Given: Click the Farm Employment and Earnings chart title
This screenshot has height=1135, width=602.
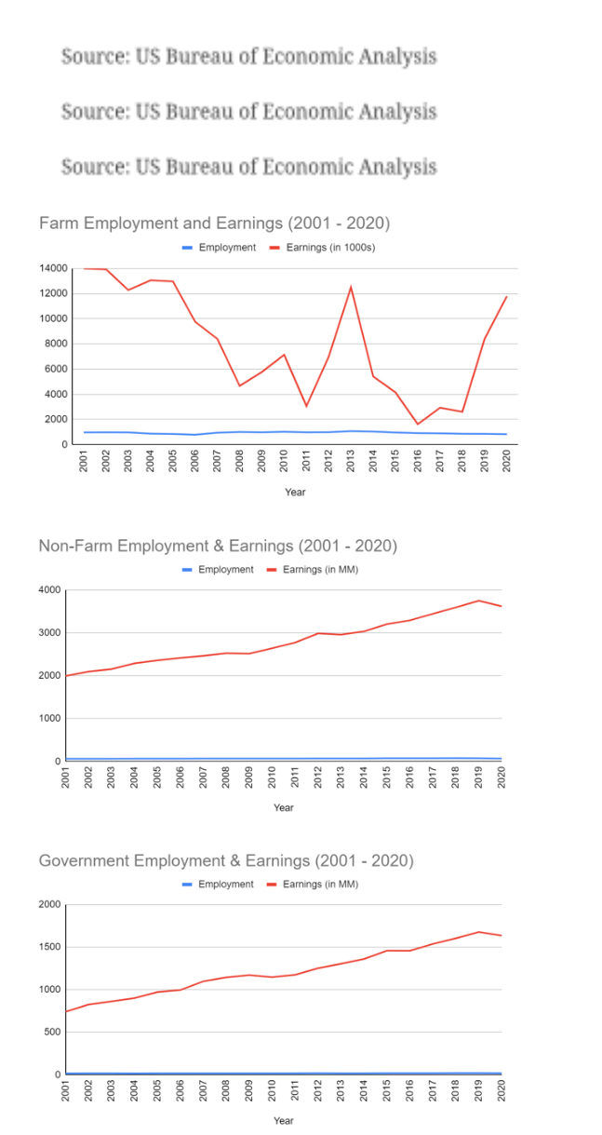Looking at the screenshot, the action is point(215,223).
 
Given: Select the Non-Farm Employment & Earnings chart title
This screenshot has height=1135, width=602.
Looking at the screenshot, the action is point(219,546).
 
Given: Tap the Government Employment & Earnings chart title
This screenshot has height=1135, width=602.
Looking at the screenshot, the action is point(226,861).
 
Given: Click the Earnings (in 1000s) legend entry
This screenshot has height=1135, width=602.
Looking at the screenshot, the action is point(323,248).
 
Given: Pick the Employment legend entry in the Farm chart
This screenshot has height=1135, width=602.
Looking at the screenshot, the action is point(220,248).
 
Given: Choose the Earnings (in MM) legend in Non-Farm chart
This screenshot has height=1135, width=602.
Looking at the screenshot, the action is point(313,570).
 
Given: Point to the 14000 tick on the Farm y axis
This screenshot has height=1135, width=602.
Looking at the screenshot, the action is point(53,268).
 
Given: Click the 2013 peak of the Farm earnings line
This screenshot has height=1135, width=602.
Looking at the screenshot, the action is point(351,288).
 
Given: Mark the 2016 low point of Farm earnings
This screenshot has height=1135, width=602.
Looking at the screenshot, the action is point(418,424).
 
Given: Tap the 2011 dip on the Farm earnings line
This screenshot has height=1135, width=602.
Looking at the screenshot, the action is point(306,406).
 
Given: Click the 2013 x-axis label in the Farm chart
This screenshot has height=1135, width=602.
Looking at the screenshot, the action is point(351,461).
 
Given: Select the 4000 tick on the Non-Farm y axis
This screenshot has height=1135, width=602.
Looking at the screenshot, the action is point(49,589).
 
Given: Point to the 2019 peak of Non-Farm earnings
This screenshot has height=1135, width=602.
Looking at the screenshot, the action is point(478,601).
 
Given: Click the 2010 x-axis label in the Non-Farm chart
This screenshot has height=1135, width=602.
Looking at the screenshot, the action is point(272,777).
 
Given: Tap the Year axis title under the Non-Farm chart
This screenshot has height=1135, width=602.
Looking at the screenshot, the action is point(284,807).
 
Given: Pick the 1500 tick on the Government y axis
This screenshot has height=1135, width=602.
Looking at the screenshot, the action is point(49,947).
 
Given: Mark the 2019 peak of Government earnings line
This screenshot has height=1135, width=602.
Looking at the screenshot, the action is point(478,932).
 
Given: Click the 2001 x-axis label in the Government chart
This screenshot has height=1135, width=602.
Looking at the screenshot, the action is point(65,1091).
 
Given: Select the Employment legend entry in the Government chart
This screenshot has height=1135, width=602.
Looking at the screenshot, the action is point(219,885).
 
